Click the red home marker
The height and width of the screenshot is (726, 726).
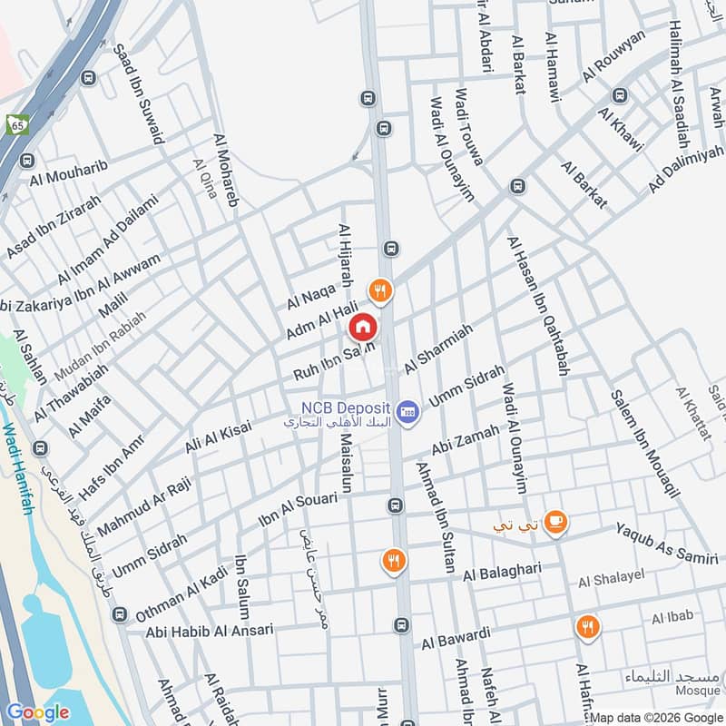(362, 326)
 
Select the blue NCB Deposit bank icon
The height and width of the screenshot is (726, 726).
(407, 410)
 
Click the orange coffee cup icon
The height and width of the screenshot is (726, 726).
(555, 521)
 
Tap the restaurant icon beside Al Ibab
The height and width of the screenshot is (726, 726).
(587, 625)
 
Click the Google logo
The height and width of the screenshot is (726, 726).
(37, 712)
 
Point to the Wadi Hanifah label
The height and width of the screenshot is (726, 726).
(19, 469)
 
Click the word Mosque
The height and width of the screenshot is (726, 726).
(699, 691)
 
